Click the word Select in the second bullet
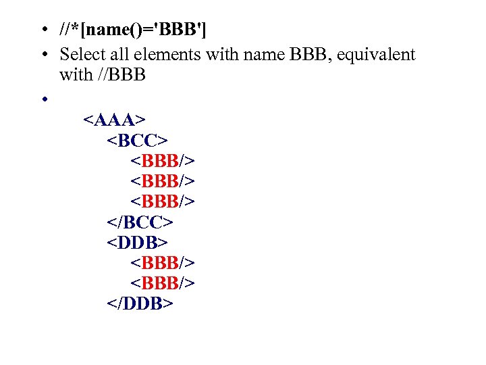pyautogui.click(x=81, y=54)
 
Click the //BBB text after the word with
pyautogui.click(x=122, y=74)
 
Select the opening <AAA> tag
pyautogui.click(x=113, y=120)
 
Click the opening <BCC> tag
pyautogui.click(x=137, y=141)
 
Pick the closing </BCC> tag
pyautogui.click(x=140, y=222)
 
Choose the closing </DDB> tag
pyautogui.click(x=140, y=303)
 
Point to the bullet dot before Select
pyautogui.click(x=42, y=55)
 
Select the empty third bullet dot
pyautogui.click(x=42, y=99)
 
